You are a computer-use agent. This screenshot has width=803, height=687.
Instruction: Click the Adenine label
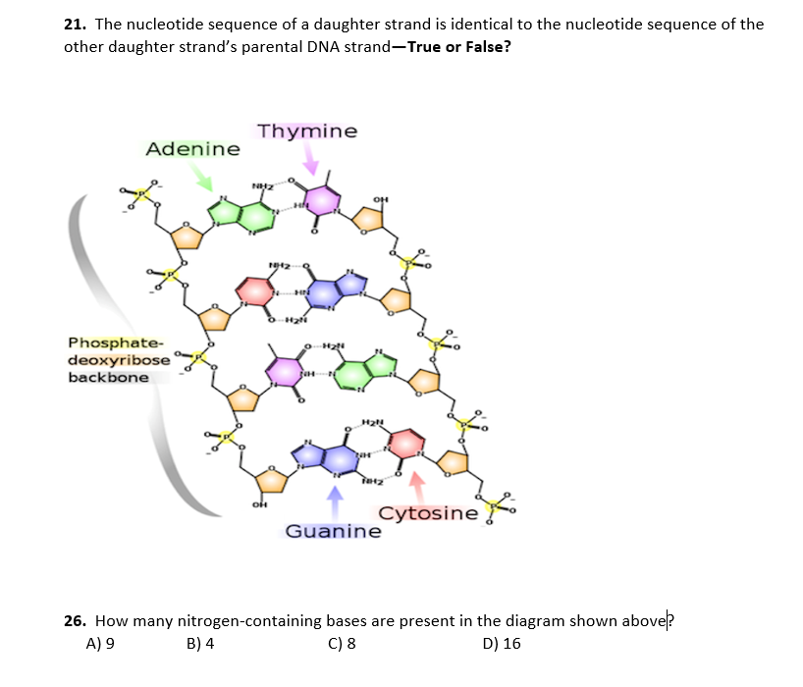pos(192,149)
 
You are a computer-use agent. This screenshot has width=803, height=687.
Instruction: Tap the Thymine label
pos(307,132)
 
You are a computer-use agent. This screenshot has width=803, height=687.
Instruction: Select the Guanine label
pos(333,531)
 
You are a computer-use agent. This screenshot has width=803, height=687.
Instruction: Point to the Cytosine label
pos(429,513)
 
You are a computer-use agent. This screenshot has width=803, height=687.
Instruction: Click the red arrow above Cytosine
pos(417,484)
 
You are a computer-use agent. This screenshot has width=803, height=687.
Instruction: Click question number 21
pos(75,24)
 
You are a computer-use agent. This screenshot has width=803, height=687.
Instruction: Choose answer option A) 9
pos(101,644)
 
